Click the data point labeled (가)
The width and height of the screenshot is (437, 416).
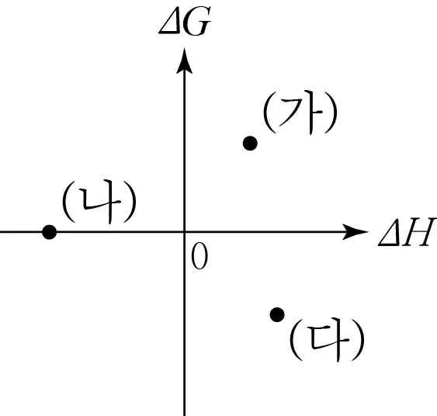pos(250,144)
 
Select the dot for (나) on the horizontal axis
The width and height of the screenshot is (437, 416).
pos(50,232)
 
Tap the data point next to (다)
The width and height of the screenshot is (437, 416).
pos(277,315)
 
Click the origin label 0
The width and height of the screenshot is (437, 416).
pos(199,256)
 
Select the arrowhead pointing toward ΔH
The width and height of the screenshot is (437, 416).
pos(355,231)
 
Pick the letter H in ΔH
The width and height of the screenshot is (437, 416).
pos(419,232)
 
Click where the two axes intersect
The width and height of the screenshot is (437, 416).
pos(184,231)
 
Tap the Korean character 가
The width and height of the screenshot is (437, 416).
pos(300,113)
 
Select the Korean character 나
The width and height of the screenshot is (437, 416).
pos(102,202)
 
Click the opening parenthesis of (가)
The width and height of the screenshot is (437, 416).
pos(269,113)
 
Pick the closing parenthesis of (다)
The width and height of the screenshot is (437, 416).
pos(358,340)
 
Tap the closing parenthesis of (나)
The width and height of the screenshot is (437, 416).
pos(130,202)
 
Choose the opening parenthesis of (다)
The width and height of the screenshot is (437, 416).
pos(296,340)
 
